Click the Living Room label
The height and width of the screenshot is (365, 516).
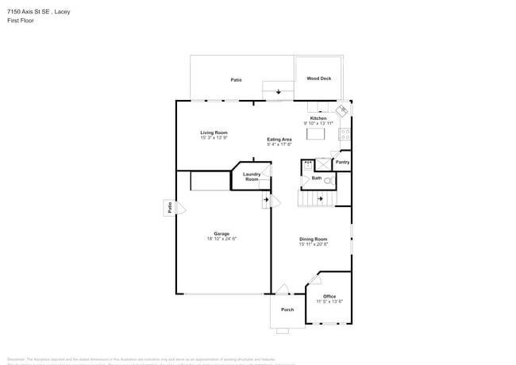214,133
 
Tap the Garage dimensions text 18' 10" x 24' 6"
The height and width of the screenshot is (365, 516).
221,239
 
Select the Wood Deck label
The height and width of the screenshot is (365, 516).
319,79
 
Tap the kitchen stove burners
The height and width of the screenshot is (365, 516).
345,134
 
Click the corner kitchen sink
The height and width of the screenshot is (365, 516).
342,110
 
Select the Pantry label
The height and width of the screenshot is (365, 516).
342,163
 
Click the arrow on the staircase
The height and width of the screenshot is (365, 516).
319,199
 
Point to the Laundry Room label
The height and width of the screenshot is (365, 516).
252,177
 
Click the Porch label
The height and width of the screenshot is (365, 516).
287,309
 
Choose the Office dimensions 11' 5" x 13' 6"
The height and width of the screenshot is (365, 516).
329,302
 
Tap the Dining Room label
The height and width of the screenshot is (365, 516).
313,239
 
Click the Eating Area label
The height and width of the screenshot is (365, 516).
279,139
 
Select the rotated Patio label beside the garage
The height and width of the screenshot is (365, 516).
169,208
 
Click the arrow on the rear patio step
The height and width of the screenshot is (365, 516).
278,92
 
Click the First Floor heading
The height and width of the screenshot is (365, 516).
21,21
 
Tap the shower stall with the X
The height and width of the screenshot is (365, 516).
323,163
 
